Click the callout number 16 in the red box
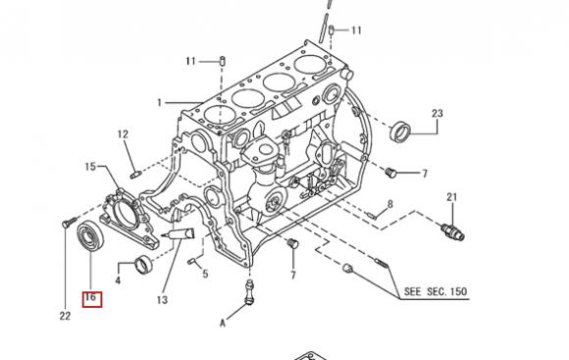(90, 298)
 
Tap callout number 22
(65, 316)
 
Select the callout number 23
(438, 113)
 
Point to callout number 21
(452, 197)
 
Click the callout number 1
(159, 103)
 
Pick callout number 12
(123, 134)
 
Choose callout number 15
(90, 167)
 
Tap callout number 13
(162, 300)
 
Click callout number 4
(118, 281)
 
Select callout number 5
(205, 274)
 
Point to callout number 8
(390, 204)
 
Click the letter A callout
(223, 323)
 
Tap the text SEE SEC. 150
(436, 291)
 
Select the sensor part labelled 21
(452, 231)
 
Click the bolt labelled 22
(69, 222)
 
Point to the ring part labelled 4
(143, 265)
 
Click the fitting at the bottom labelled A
(249, 291)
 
